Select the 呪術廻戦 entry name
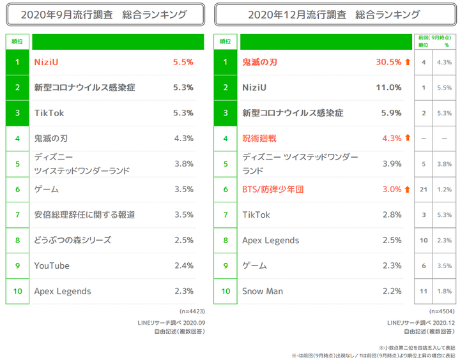[259, 138]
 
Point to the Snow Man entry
[262, 291]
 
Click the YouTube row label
[52, 266]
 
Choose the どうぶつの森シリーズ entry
[72, 240]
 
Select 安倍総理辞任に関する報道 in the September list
[84, 214]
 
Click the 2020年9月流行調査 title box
[105, 14]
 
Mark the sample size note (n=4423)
[192, 311]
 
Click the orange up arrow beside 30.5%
[407, 63]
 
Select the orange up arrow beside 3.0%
[407, 189]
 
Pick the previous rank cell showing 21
[423, 189]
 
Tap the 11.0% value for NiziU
[388, 87]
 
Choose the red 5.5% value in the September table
[183, 63]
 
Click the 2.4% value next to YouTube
[183, 266]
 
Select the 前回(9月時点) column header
[433, 38]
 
